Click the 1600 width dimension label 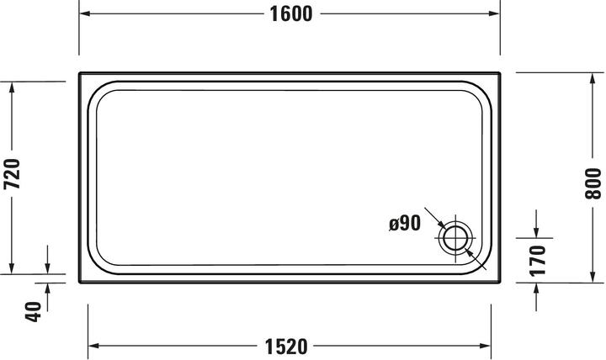point(291,14)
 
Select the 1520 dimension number point(286,347)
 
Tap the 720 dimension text point(13,173)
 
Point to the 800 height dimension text point(593,183)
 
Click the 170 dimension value point(538,261)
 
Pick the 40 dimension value point(33,311)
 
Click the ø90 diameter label point(405,223)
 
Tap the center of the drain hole point(455,238)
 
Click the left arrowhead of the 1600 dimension point(85,13)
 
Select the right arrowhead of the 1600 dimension point(494,13)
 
